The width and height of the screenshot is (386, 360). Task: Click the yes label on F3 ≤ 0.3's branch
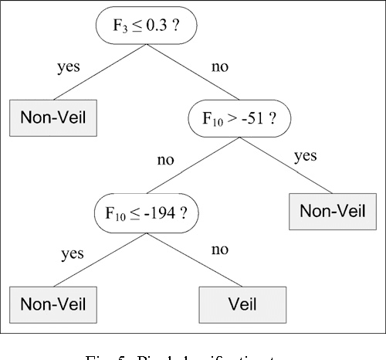click(69, 66)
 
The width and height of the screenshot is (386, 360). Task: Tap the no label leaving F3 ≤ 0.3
click(219, 66)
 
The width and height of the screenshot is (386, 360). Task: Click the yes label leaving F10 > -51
click(306, 156)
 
